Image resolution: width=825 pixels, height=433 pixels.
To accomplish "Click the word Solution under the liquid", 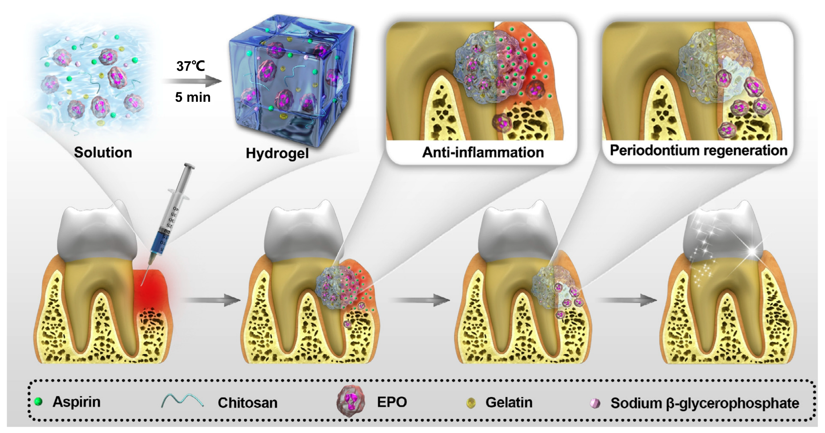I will tap(103, 152).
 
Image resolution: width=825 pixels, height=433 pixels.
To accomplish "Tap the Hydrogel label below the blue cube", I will tap(277, 153).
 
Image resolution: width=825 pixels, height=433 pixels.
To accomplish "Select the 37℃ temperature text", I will tap(191, 66).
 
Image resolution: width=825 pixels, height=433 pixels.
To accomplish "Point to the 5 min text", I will tap(193, 97).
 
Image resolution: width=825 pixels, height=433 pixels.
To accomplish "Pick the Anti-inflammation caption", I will tap(483, 152).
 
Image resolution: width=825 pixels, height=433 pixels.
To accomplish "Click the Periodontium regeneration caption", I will tap(698, 150).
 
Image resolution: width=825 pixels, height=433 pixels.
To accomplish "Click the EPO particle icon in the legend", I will tap(350, 401).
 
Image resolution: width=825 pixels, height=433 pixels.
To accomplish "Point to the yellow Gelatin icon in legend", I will tap(471, 403).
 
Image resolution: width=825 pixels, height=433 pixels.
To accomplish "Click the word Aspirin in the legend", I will tap(77, 402).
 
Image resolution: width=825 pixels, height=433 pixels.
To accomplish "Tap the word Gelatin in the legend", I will tap(509, 402).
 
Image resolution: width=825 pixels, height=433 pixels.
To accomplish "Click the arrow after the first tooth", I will tap(211, 300).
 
